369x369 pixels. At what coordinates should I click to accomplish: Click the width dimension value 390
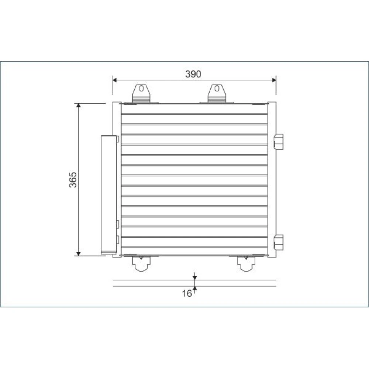click(193, 74)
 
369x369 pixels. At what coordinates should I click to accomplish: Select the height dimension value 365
click(73, 180)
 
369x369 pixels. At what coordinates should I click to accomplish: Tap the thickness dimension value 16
click(187, 293)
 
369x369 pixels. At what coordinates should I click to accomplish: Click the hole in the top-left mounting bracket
click(141, 89)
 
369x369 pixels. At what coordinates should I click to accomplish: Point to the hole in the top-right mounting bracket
click(217, 89)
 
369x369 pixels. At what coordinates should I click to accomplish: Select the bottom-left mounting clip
click(141, 263)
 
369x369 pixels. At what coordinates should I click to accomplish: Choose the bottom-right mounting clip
click(246, 263)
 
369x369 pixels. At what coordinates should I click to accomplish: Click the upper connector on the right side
click(279, 142)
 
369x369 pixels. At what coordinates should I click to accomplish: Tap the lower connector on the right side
click(279, 242)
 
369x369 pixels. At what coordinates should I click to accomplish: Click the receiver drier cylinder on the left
click(109, 195)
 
